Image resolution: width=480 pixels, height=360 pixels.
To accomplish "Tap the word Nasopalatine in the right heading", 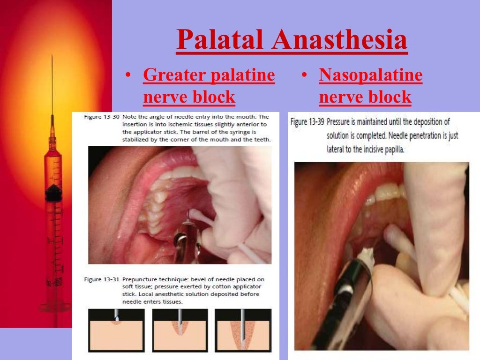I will click(x=370, y=75).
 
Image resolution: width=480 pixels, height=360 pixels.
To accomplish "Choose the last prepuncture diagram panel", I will click(x=243, y=330).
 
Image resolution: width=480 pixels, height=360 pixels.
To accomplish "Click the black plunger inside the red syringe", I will click(x=53, y=191).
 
